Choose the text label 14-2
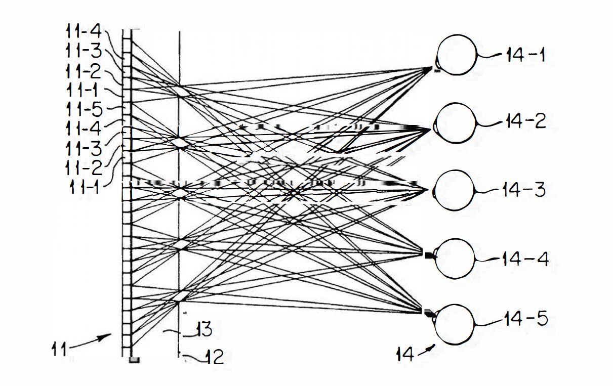(x=526, y=121)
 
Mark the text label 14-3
(x=524, y=190)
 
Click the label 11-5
(x=85, y=109)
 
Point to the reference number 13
(x=204, y=329)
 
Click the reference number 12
(x=215, y=357)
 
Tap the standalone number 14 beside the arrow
(x=405, y=354)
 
